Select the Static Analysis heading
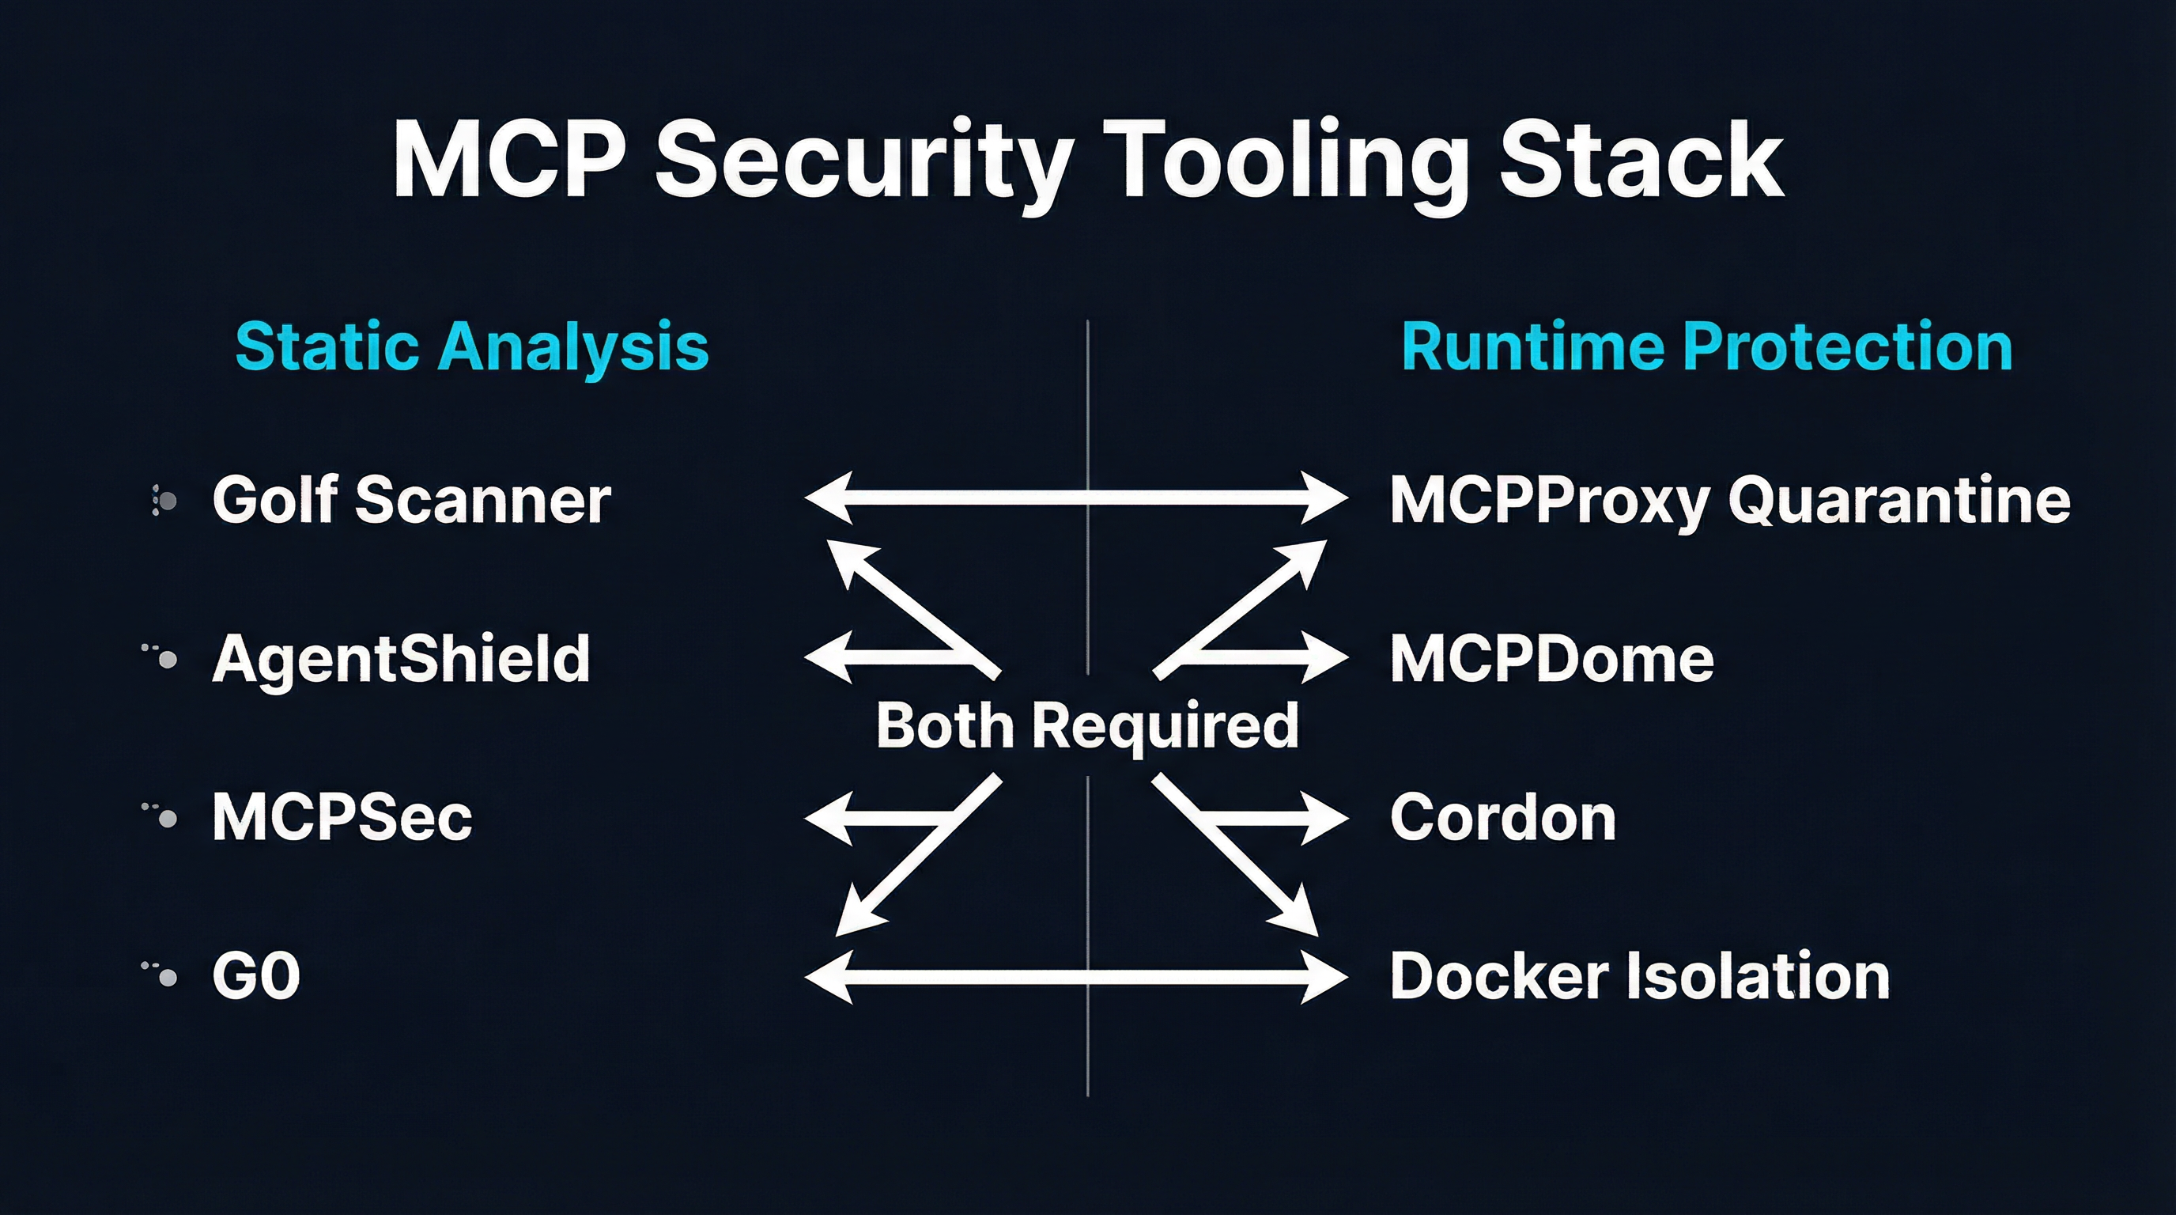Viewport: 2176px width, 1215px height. click(471, 346)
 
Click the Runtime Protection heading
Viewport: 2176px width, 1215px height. click(1706, 346)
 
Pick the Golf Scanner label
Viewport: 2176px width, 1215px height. click(411, 500)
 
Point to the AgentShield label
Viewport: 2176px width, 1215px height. click(400, 659)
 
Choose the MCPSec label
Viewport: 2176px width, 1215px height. click(342, 818)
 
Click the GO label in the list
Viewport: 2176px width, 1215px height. click(257, 977)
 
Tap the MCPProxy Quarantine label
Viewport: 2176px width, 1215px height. click(1730, 500)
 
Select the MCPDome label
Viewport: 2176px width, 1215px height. click(1552, 659)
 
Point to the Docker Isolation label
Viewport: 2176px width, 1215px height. click(1639, 977)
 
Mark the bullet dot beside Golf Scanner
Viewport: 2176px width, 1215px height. click(168, 501)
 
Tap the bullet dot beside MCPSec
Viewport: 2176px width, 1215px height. click(168, 818)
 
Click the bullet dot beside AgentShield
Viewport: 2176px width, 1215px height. click(168, 660)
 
